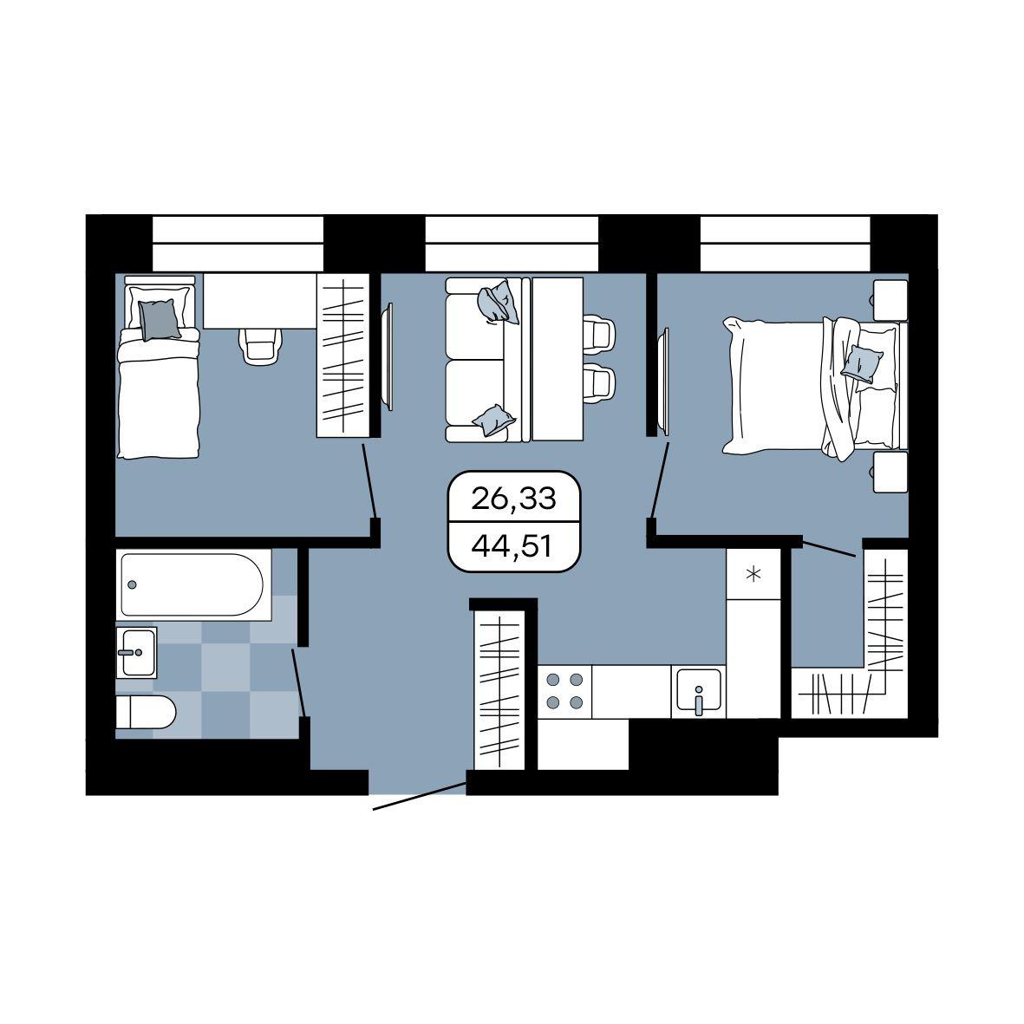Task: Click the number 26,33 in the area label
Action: coord(513,499)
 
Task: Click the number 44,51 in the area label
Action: coord(513,546)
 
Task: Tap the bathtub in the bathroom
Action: coord(193,584)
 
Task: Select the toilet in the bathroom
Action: coord(146,712)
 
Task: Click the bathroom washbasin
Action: coord(136,652)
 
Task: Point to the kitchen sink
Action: coord(699,691)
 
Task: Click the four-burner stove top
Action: coord(564,692)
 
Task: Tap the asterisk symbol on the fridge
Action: coord(753,575)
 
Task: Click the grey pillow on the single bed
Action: coord(159,319)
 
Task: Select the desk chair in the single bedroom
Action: coord(261,345)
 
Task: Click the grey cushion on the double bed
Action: coord(861,364)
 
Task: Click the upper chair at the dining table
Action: coord(599,334)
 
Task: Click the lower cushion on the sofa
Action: coord(494,420)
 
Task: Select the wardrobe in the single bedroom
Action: coord(342,355)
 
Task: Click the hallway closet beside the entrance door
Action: coord(500,689)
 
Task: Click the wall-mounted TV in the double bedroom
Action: coord(665,382)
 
